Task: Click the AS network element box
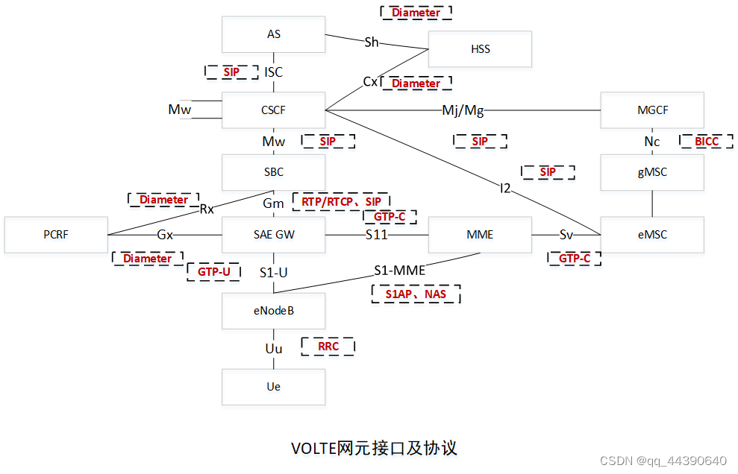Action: pos(274,34)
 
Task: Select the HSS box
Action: pos(480,49)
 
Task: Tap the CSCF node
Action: pos(274,110)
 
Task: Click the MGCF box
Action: pos(653,110)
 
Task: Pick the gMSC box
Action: pos(653,172)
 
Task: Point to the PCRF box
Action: pos(56,234)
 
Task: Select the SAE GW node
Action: pos(274,234)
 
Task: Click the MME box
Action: pos(480,234)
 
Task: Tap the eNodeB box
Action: pos(274,310)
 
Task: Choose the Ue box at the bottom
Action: pos(274,387)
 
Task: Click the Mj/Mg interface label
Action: pos(463,110)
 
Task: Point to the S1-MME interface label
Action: pos(399,270)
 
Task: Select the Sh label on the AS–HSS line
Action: pos(372,42)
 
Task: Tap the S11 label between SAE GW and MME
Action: pos(377,234)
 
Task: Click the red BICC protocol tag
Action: pos(705,141)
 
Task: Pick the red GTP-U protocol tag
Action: pos(214,272)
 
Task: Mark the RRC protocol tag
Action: pos(328,347)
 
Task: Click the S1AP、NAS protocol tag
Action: pos(416,294)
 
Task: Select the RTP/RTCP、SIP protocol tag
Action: pos(341,201)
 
